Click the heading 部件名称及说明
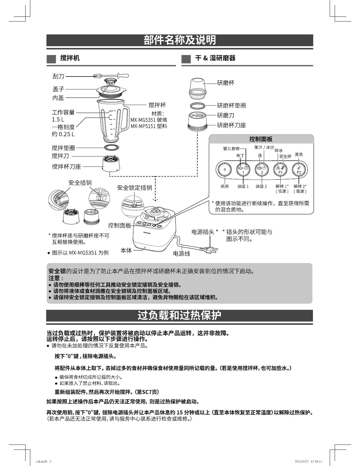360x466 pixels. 180,40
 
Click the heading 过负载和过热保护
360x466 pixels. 179,315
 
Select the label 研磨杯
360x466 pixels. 226,83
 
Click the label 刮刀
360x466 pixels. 58,76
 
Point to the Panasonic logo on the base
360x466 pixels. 147,233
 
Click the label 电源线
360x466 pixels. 181,254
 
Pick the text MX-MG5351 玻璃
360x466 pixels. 149,120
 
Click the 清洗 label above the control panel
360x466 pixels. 299,154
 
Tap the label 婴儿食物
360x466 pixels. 231,149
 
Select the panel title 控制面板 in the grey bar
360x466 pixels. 261,139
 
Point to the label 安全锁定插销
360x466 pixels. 134,187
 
